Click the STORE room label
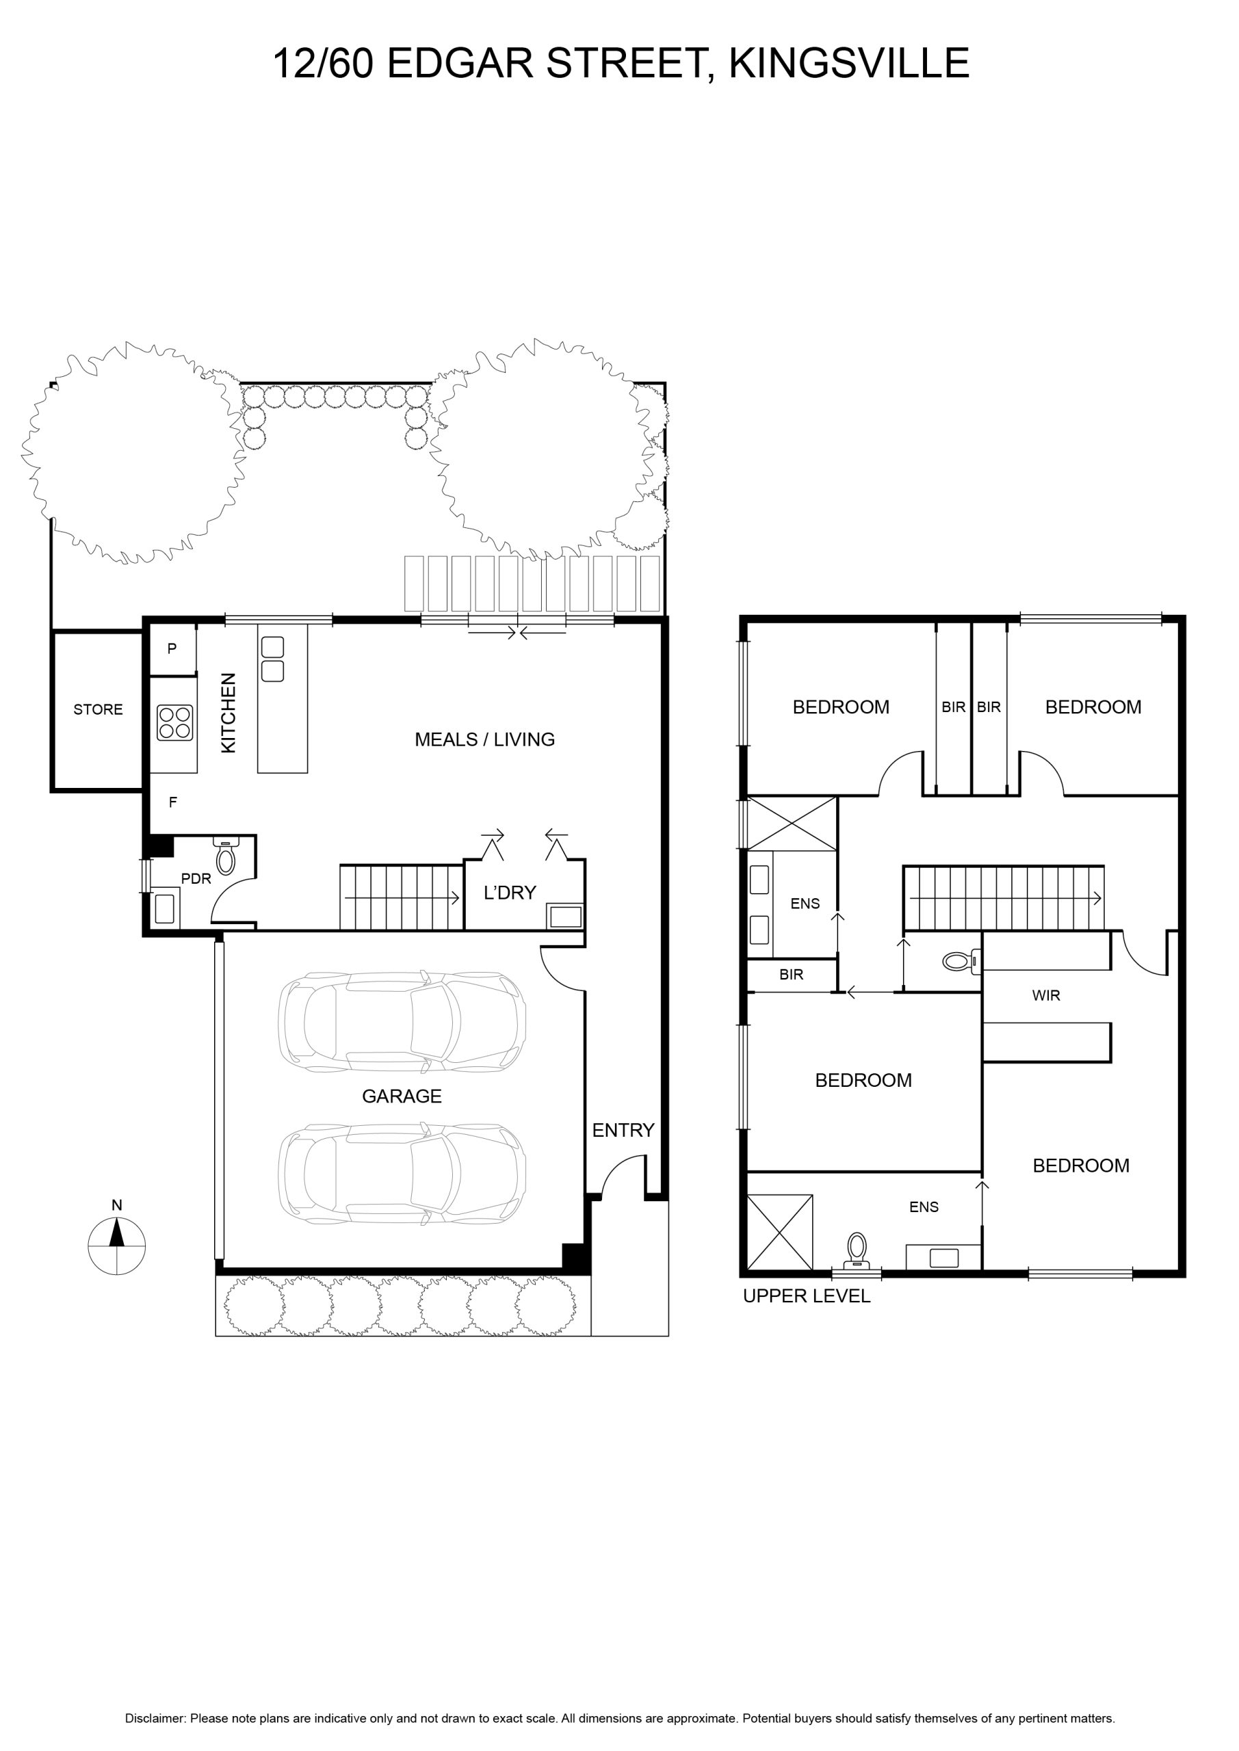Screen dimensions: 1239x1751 (x=98, y=710)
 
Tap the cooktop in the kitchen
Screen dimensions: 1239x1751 (x=174, y=722)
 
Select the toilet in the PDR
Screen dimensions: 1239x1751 (x=225, y=856)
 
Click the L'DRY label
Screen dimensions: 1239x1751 (x=510, y=893)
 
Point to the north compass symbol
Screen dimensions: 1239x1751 (x=117, y=1245)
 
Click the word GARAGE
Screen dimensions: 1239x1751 (x=402, y=1096)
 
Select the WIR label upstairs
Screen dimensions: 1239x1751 (x=1045, y=995)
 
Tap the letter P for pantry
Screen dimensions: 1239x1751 (x=172, y=649)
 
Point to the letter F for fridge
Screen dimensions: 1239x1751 (x=172, y=802)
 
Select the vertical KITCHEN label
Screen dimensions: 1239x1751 (x=228, y=713)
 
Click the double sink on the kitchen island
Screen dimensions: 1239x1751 (x=272, y=659)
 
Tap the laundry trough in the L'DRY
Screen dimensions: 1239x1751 (x=565, y=916)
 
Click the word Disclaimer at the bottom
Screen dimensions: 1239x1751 (x=155, y=1713)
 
